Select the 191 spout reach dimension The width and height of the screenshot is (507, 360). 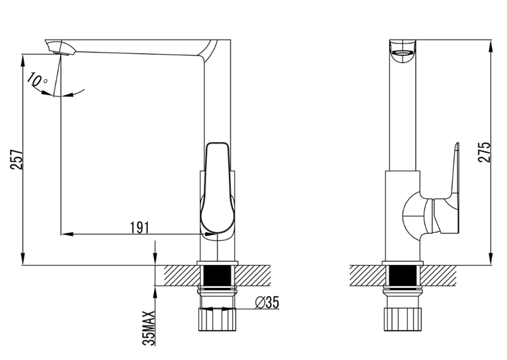coord(139,227)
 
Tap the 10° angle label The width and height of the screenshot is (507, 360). coord(37,79)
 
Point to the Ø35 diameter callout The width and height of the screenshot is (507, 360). coord(267,303)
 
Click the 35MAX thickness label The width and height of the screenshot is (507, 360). coord(149,328)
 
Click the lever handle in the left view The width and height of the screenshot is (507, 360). coord(217,188)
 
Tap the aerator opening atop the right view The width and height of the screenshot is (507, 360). coord(403,53)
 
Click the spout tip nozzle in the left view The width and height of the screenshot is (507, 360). coord(58,48)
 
